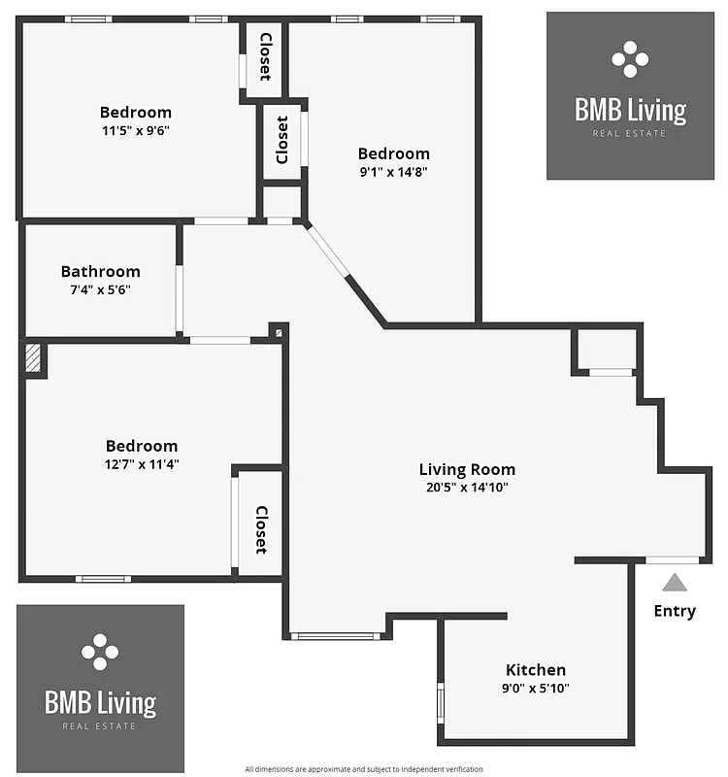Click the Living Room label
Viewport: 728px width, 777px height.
click(467, 469)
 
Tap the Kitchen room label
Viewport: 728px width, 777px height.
click(535, 669)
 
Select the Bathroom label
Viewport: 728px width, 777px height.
click(100, 271)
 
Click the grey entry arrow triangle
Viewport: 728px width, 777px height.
click(674, 583)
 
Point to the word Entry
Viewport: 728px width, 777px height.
click(674, 611)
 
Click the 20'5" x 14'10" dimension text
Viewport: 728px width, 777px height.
click(467, 488)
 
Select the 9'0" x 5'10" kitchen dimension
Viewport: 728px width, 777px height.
click(535, 688)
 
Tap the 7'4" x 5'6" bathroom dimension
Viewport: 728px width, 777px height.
click(100, 289)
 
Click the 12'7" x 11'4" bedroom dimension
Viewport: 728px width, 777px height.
click(142, 463)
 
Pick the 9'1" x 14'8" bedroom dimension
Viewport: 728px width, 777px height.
click(393, 171)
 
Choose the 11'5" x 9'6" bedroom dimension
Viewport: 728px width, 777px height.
click(135, 130)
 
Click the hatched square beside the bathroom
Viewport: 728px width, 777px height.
click(34, 356)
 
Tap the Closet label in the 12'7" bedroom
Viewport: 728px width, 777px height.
click(261, 529)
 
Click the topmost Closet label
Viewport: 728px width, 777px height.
click(265, 58)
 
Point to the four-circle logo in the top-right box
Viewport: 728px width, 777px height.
click(630, 59)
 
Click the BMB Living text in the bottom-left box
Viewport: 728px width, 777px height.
click(100, 701)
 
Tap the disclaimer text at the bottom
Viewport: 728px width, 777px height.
click(363, 768)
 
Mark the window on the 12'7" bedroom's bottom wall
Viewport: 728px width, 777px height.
click(103, 580)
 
